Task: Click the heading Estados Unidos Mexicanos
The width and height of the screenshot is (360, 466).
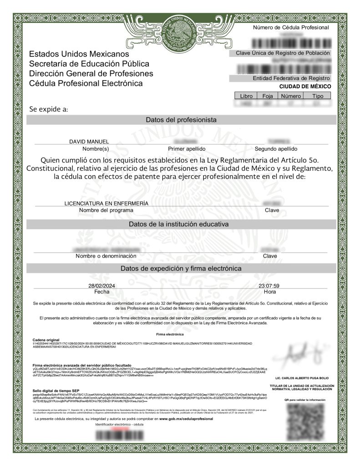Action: (x=79, y=54)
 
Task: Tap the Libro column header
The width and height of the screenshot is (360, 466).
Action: (x=246, y=96)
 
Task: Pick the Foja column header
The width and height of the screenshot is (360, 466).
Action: (x=267, y=96)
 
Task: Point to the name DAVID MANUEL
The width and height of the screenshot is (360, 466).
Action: (x=89, y=142)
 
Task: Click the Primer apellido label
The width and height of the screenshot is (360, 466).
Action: (x=187, y=149)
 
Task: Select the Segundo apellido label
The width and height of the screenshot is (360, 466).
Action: (x=276, y=149)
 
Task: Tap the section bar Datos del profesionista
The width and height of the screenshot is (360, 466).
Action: (x=181, y=120)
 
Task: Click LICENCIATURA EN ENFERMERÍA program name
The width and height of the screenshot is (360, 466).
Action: (x=106, y=203)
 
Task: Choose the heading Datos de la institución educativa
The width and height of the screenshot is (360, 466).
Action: (x=178, y=224)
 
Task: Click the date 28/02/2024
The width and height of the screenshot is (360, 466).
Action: (x=102, y=285)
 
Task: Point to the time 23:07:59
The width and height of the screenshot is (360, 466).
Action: (x=269, y=285)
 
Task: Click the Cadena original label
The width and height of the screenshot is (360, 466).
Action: (x=46, y=340)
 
